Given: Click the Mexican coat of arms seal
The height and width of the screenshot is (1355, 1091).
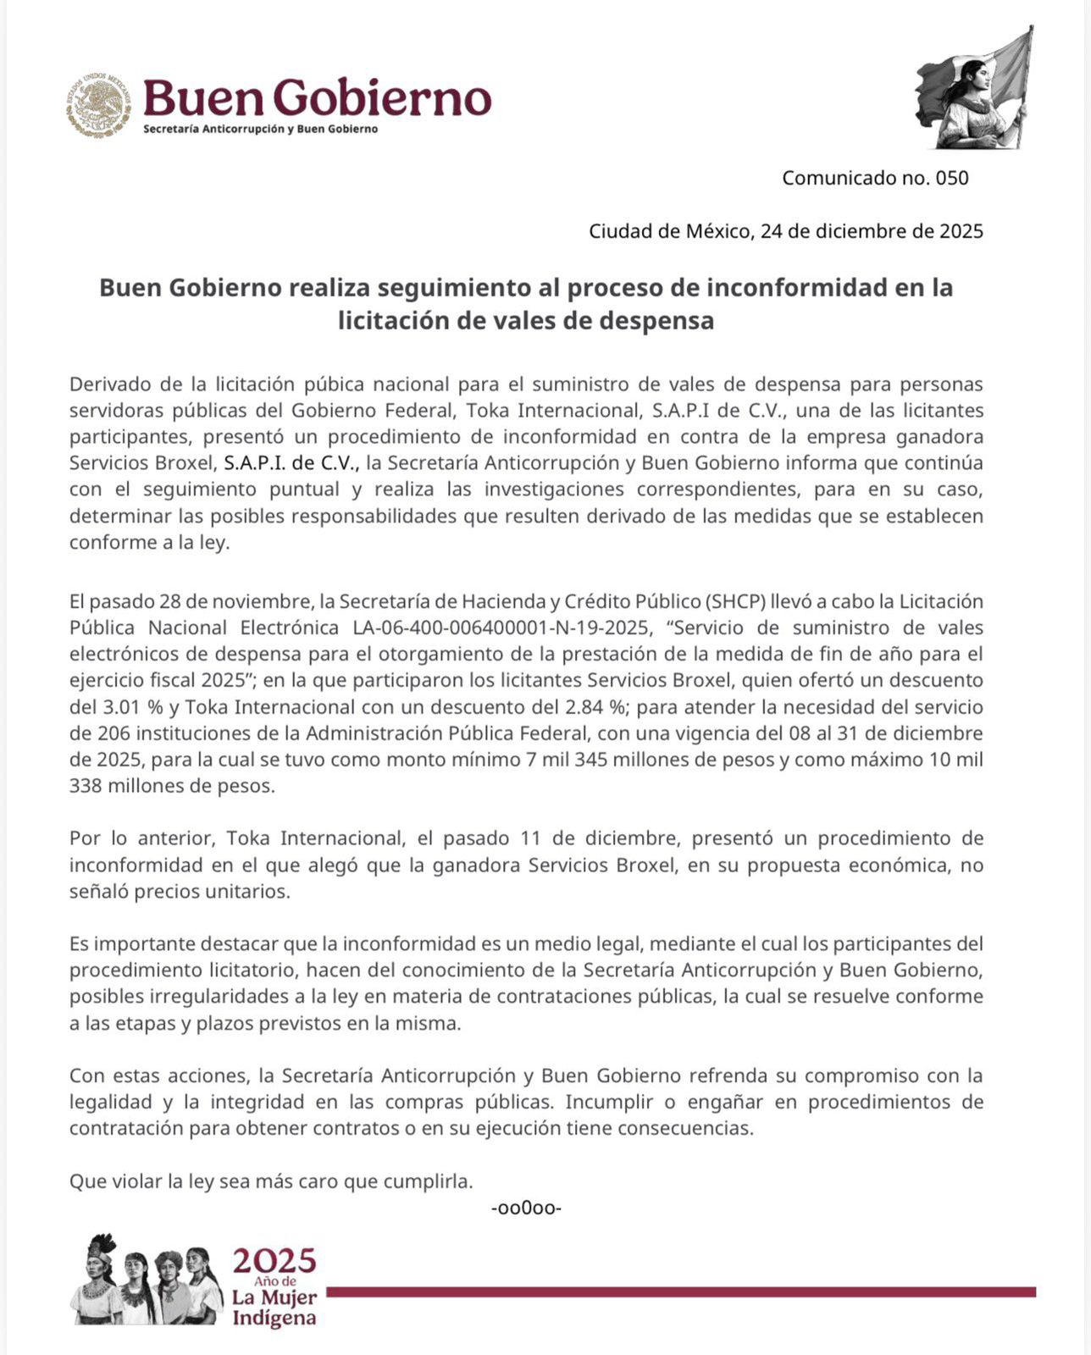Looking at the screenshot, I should coord(100,104).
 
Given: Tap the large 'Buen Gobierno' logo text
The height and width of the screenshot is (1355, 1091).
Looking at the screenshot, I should coord(317,98).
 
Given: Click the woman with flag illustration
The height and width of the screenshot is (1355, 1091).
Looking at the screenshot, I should coord(975,88).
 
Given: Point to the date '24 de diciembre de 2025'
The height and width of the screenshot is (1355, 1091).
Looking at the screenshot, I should coord(872,231).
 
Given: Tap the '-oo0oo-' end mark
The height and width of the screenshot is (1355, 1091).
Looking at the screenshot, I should coord(526,1208).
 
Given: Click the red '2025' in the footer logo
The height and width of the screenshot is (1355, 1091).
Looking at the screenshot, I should coord(274,1261).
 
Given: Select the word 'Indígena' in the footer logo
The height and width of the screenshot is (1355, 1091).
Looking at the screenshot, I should coord(274,1318).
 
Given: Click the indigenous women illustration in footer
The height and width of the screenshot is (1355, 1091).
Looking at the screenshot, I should coord(146,1280).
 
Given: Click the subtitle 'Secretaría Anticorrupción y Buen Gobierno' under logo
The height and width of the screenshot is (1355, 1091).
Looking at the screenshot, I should coord(260,130).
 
